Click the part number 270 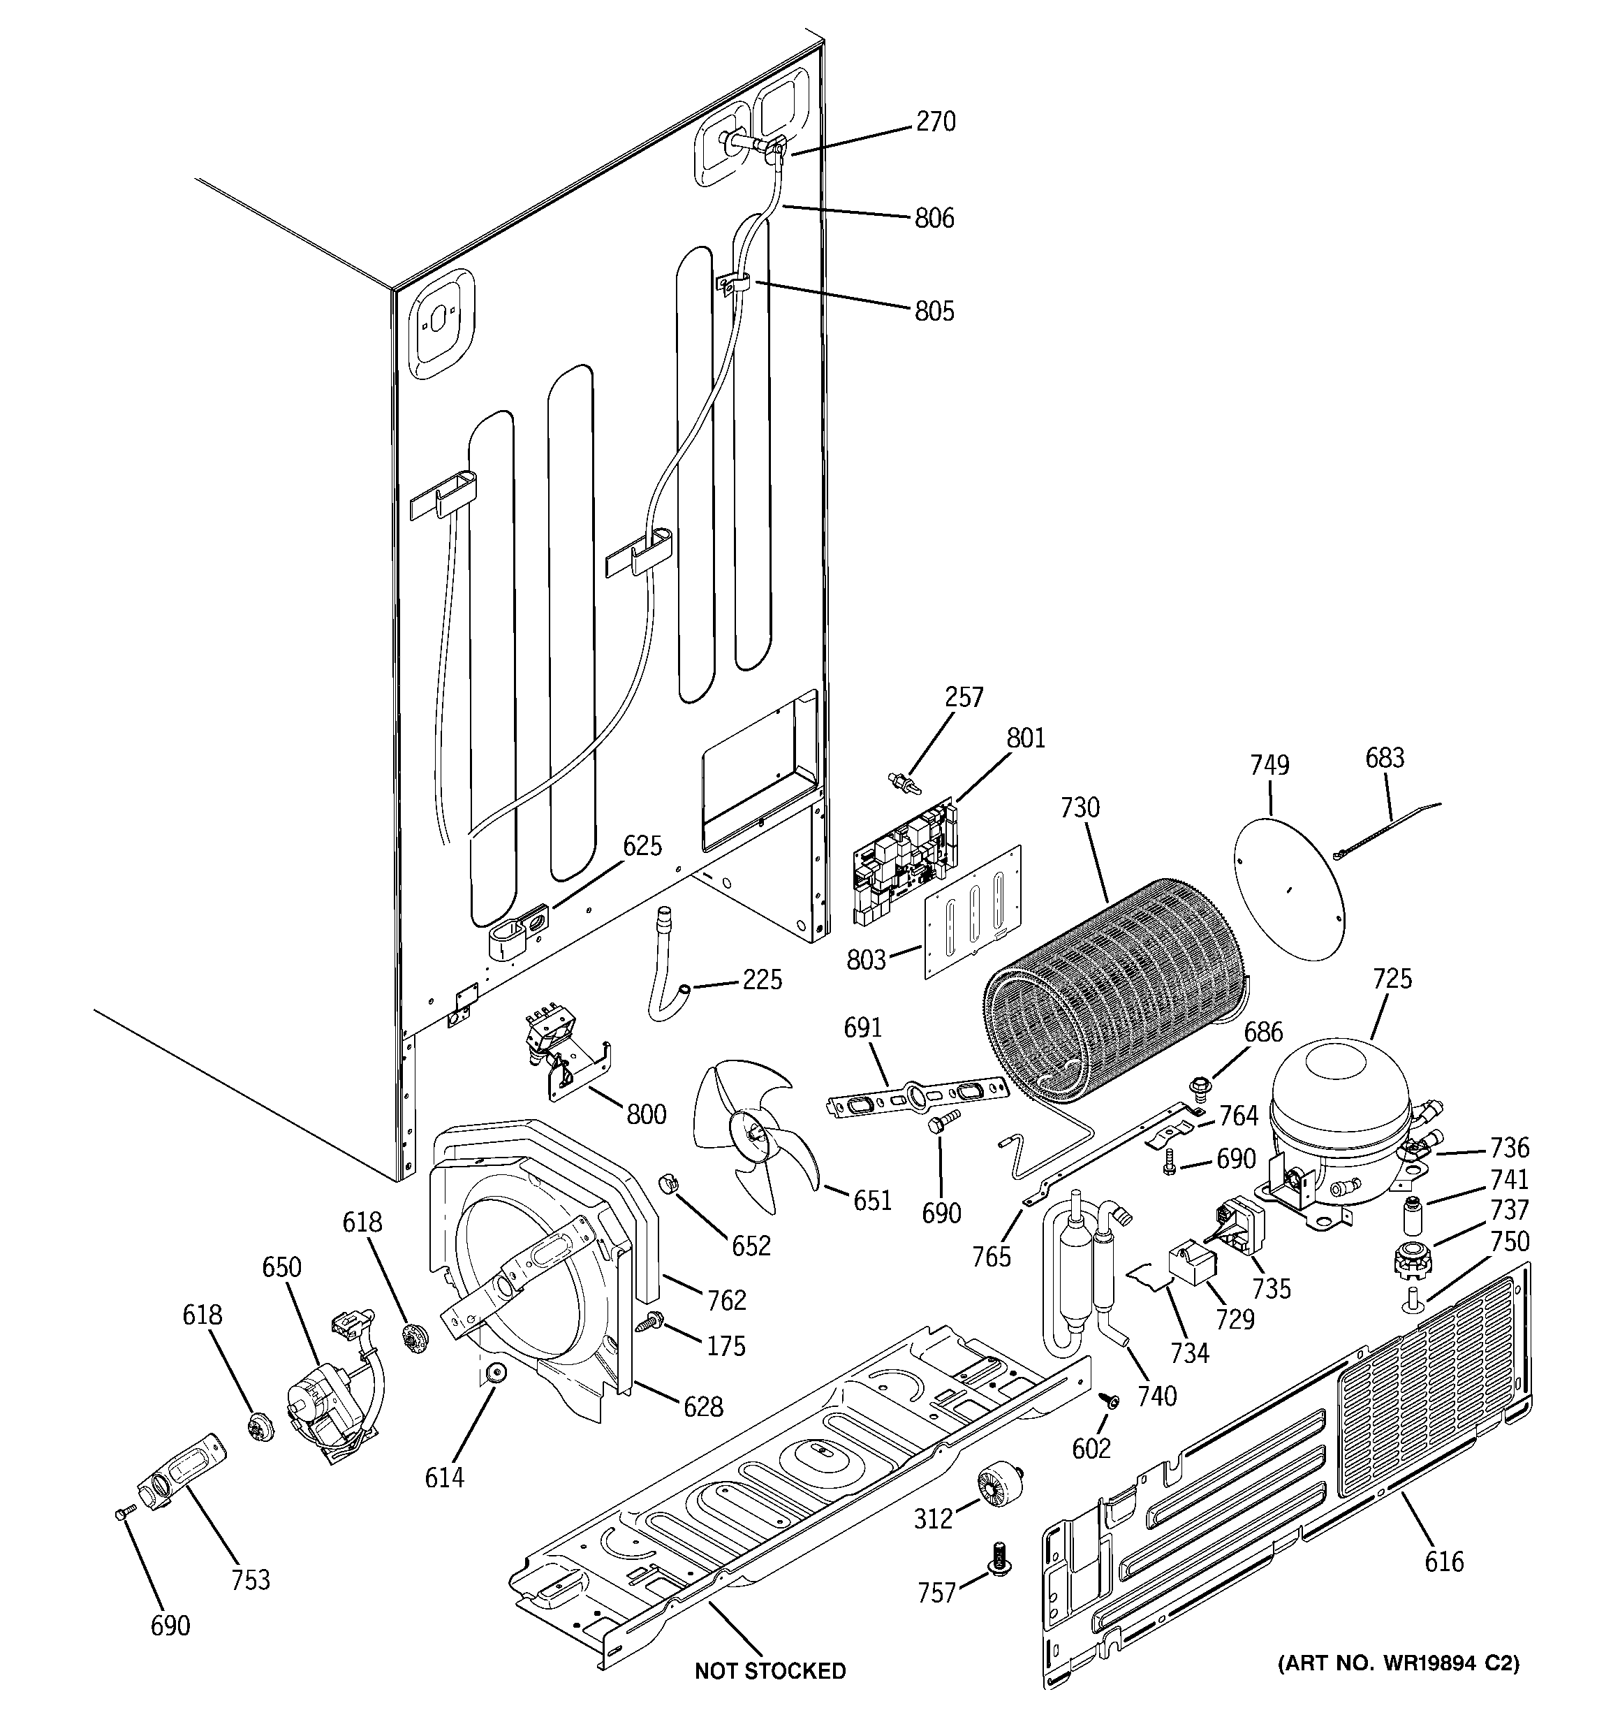pos(936,122)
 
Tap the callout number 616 pos(1444,1562)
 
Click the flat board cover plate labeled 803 pos(971,912)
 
